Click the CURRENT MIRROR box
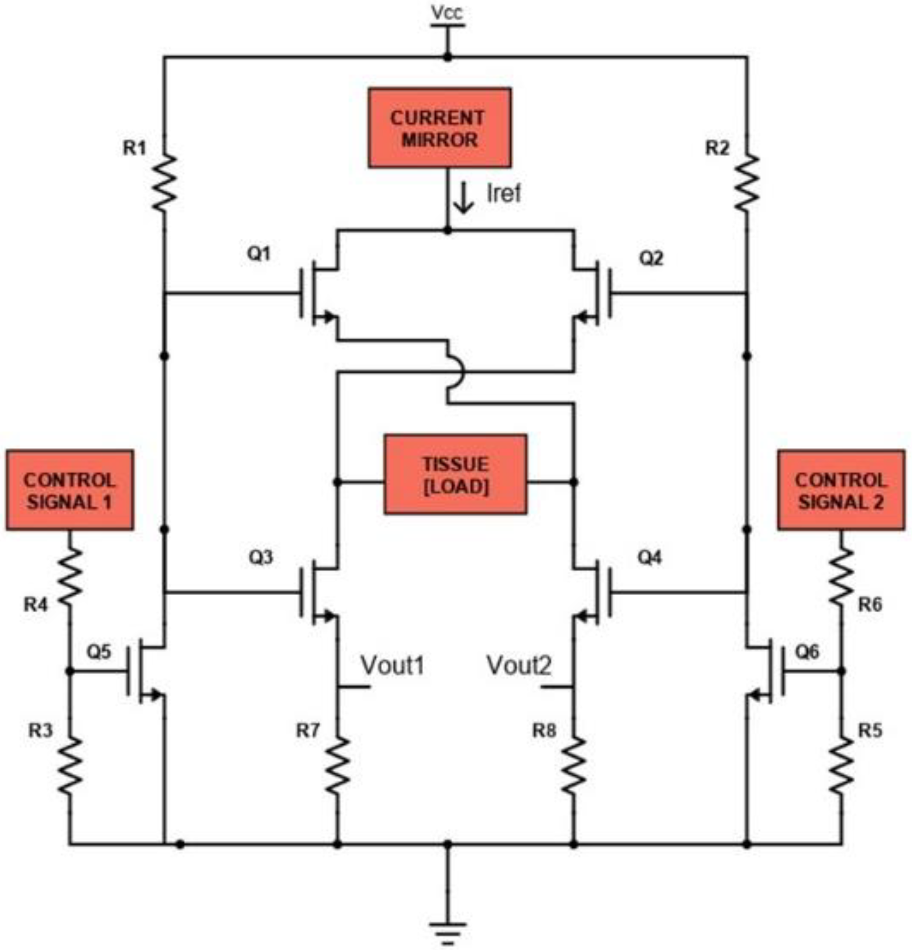(x=439, y=128)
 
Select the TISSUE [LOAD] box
(x=455, y=474)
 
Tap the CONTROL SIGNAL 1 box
(x=70, y=490)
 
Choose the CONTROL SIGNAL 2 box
(x=841, y=490)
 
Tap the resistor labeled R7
(x=338, y=766)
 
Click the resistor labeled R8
(x=574, y=766)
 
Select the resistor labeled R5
(x=842, y=766)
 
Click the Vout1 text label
(x=392, y=665)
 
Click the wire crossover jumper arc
(x=457, y=372)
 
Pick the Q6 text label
(x=807, y=651)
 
